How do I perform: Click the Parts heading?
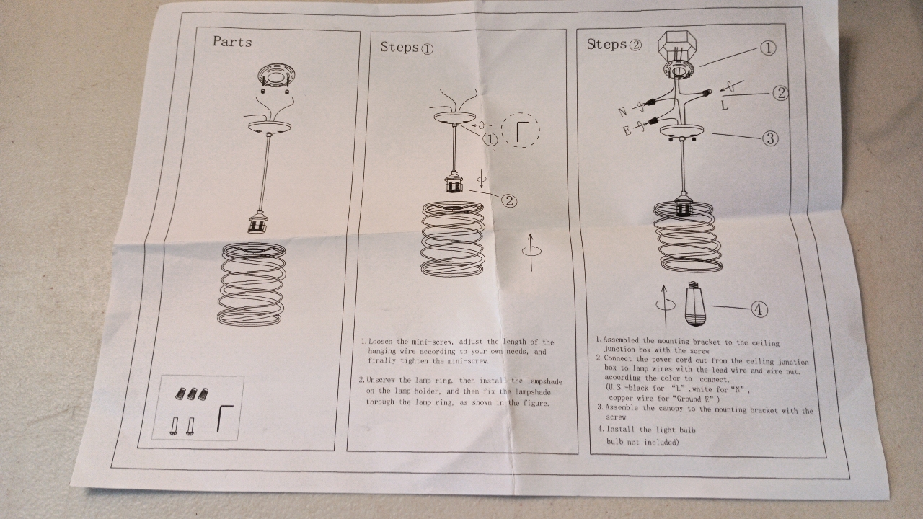point(232,42)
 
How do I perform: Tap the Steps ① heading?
point(407,48)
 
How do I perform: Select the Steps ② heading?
point(614,44)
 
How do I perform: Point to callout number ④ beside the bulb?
point(759,309)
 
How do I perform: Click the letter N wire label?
point(623,111)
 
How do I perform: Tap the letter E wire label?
point(627,131)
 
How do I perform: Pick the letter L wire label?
point(725,105)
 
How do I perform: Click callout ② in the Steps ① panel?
point(509,200)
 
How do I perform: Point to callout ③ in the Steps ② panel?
point(769,138)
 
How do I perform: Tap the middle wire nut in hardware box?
point(191,394)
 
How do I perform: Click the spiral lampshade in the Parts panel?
point(252,284)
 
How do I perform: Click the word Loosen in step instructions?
point(381,342)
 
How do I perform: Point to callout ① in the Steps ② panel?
point(768,48)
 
